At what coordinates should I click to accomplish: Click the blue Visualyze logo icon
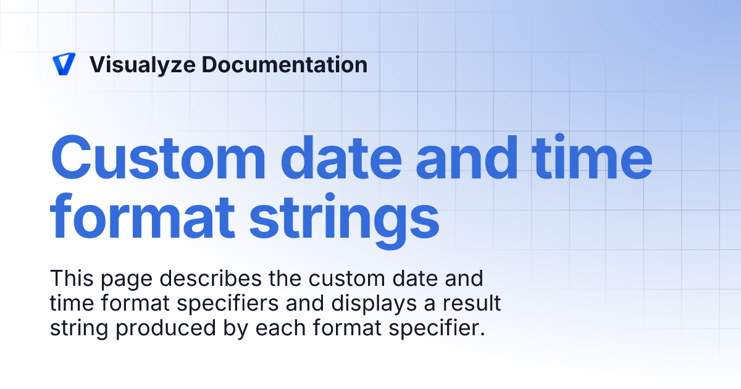click(x=64, y=64)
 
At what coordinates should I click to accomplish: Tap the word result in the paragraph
click(x=471, y=304)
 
